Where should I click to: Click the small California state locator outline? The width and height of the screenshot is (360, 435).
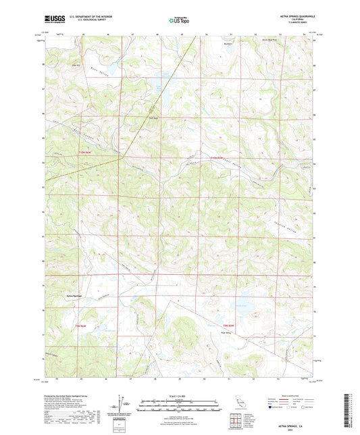[238, 403]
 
